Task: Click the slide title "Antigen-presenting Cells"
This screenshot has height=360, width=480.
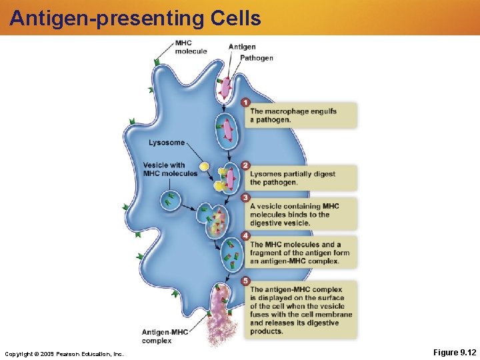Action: click(135, 18)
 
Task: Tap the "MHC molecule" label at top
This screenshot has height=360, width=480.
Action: click(191, 47)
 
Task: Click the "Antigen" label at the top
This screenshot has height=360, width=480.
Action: click(242, 47)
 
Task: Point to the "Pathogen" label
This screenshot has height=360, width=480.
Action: click(257, 58)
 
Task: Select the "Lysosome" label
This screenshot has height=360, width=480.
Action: click(167, 143)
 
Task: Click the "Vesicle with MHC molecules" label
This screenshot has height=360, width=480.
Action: click(170, 169)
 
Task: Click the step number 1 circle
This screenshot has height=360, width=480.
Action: click(246, 103)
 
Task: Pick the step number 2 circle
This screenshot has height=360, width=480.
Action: click(246, 165)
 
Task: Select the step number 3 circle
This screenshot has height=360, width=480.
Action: click(246, 197)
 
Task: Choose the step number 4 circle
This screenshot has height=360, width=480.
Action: click(246, 236)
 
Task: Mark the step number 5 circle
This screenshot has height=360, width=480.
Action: click(246, 281)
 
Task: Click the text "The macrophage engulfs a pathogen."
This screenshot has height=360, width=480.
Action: click(293, 115)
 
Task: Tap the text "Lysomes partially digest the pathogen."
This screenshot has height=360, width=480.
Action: click(293, 178)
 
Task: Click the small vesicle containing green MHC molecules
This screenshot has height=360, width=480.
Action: click(171, 199)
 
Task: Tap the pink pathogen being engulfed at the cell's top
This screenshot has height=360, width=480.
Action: click(226, 87)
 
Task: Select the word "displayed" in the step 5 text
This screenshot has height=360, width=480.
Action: click(273, 298)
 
